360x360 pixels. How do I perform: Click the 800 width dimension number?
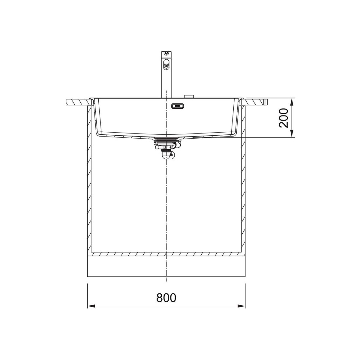[166, 298]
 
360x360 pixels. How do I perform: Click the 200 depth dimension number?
[283, 118]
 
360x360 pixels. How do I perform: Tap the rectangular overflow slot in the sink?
[178, 106]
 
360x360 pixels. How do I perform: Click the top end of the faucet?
[166, 52]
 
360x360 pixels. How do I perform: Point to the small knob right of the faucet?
[189, 96]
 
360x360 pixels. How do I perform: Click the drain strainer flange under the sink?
[166, 139]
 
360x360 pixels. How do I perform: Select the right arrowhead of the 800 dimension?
[241, 311]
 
